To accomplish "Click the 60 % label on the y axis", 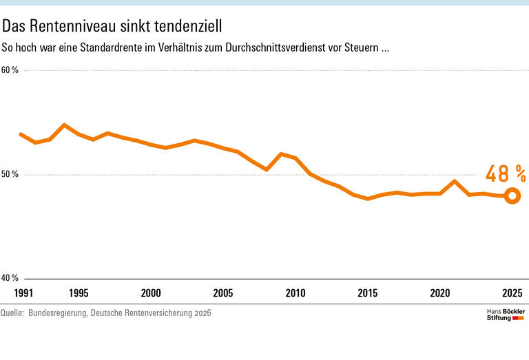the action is point(10,70).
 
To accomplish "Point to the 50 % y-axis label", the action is point(10,174).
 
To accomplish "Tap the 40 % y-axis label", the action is point(10,278).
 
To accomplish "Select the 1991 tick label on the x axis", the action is point(23,293).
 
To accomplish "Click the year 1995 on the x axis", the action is point(79,293).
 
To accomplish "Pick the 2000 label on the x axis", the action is point(151,293).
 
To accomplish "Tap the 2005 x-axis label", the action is point(223,293).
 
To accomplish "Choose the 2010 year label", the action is point(295,293).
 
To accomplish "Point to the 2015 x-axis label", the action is point(368,293).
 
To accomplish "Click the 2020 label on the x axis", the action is point(440,293).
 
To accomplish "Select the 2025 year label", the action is point(512,293).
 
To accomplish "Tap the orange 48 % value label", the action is point(506,174).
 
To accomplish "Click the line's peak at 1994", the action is point(64,125).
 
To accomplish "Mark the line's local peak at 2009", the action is point(281,154).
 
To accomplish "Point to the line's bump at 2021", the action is point(455,182).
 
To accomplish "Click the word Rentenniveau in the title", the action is point(73,26).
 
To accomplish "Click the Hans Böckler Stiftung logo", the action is point(506,315).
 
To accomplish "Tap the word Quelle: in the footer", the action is point(12,313).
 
